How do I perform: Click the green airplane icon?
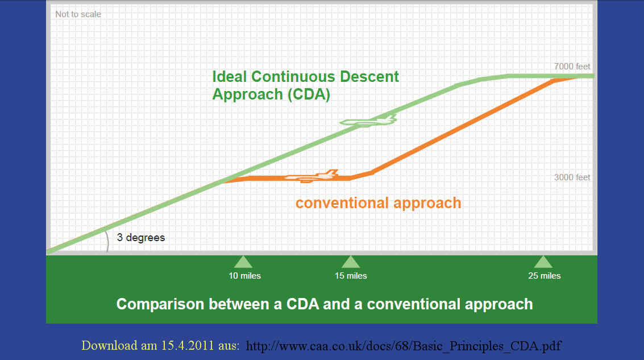point(368,121)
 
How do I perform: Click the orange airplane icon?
point(311,176)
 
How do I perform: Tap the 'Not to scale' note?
point(78,14)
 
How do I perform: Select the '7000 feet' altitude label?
point(572,66)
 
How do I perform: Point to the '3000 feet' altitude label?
point(572,177)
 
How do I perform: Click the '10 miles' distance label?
point(245,276)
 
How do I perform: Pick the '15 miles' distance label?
point(351,276)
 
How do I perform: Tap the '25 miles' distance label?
point(544,276)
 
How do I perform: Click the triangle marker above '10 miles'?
point(243,263)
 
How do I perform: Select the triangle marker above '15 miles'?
point(351,263)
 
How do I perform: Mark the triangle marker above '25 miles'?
point(543,263)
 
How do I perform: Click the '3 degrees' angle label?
point(141,238)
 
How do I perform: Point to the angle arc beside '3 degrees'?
point(107,241)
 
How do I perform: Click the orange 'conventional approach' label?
point(378,203)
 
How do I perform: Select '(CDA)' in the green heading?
point(309,94)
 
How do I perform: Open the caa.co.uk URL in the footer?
point(404,346)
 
